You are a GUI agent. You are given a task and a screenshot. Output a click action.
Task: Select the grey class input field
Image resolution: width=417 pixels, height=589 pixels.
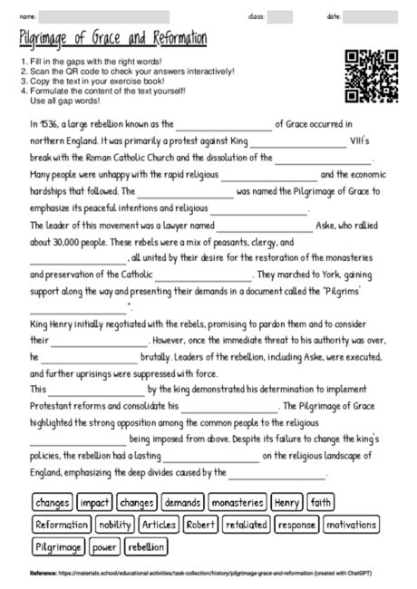279,17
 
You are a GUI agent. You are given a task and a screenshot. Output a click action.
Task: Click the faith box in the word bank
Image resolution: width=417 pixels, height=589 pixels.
321,501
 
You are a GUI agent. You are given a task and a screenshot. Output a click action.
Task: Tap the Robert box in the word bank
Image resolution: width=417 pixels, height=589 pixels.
200,524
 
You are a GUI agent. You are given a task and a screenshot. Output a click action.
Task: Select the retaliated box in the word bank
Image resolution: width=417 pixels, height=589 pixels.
246,524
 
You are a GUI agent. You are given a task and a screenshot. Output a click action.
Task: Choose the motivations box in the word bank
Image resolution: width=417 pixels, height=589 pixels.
351,524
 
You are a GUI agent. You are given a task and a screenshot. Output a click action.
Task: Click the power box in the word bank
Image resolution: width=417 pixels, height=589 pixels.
104,546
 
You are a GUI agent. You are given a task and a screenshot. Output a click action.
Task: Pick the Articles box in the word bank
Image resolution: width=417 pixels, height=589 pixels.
159,524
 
